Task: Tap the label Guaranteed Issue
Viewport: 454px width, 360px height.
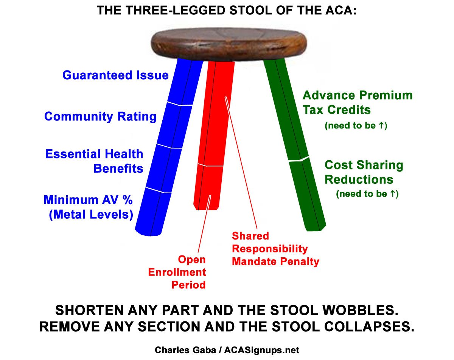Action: tap(115, 75)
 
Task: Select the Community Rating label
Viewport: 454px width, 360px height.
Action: tap(100, 116)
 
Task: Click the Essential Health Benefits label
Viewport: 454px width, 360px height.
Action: tap(95, 161)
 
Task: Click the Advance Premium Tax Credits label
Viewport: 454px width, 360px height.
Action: tap(357, 102)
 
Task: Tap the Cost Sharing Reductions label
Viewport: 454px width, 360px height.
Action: tap(364, 172)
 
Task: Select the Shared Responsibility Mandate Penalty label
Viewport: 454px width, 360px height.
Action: tap(275, 249)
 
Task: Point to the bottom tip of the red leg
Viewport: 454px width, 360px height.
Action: tap(207, 207)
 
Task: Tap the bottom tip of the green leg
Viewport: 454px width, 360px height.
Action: tap(316, 227)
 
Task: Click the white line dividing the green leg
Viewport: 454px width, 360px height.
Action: tap(299, 160)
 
